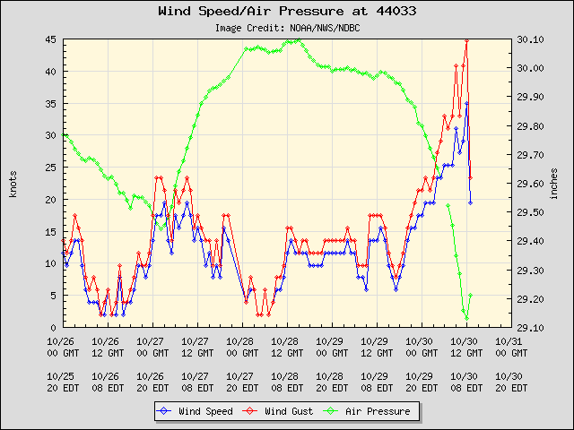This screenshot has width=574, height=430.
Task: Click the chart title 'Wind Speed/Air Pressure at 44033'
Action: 287,12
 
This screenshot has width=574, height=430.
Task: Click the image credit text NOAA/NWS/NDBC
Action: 287,28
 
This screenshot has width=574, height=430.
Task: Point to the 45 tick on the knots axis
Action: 51,39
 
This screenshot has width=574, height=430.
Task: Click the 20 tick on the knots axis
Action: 51,200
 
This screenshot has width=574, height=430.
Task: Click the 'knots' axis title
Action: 13,183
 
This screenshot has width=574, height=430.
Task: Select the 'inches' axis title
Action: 555,183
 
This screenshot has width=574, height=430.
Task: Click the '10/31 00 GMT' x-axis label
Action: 509,347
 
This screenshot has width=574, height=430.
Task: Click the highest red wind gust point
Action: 466,40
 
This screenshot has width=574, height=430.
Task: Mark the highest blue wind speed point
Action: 466,104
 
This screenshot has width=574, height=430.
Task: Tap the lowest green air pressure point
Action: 466,318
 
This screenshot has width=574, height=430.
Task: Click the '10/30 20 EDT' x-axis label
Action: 509,383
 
